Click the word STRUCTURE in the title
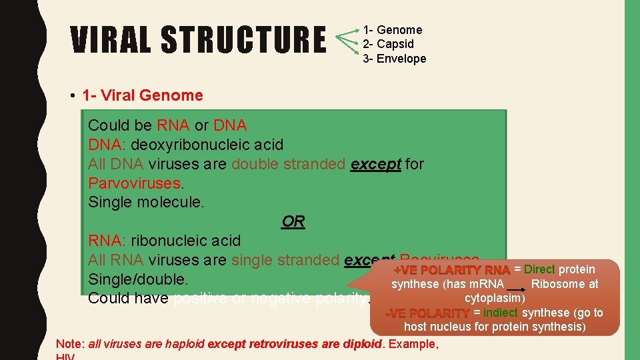[x=243, y=40]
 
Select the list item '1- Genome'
[x=393, y=30]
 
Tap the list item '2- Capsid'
[x=389, y=44]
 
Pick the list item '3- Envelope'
[x=395, y=59]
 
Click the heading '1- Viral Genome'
[x=142, y=95]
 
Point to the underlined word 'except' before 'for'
[x=375, y=164]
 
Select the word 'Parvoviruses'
[x=135, y=183]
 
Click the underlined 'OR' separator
[x=293, y=221]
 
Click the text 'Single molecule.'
[x=146, y=202]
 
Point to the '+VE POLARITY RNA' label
[x=452, y=270]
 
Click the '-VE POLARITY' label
[x=429, y=313]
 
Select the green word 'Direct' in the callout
[x=539, y=269]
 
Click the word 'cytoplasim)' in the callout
[x=495, y=298]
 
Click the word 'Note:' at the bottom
[x=70, y=344]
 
